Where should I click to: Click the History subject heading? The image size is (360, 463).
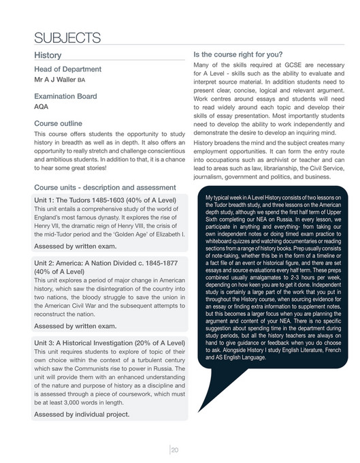pyautogui.click(x=48, y=55)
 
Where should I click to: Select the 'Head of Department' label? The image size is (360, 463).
pyautogui.click(x=67, y=69)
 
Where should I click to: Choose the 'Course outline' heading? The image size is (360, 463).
pyautogui.click(x=60, y=124)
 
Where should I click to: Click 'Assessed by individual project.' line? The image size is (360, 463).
pyautogui.click(x=82, y=413)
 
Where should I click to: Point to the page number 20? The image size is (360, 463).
pyautogui.click(x=175, y=449)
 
